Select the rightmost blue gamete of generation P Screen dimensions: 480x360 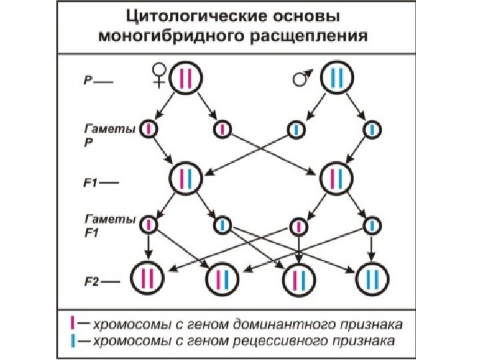tap(371, 129)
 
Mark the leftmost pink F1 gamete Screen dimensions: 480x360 tap(149, 225)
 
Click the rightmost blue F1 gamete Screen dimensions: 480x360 tap(371, 225)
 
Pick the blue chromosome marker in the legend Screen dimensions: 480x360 tap(73, 341)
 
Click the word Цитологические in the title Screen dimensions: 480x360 tap(171, 15)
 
